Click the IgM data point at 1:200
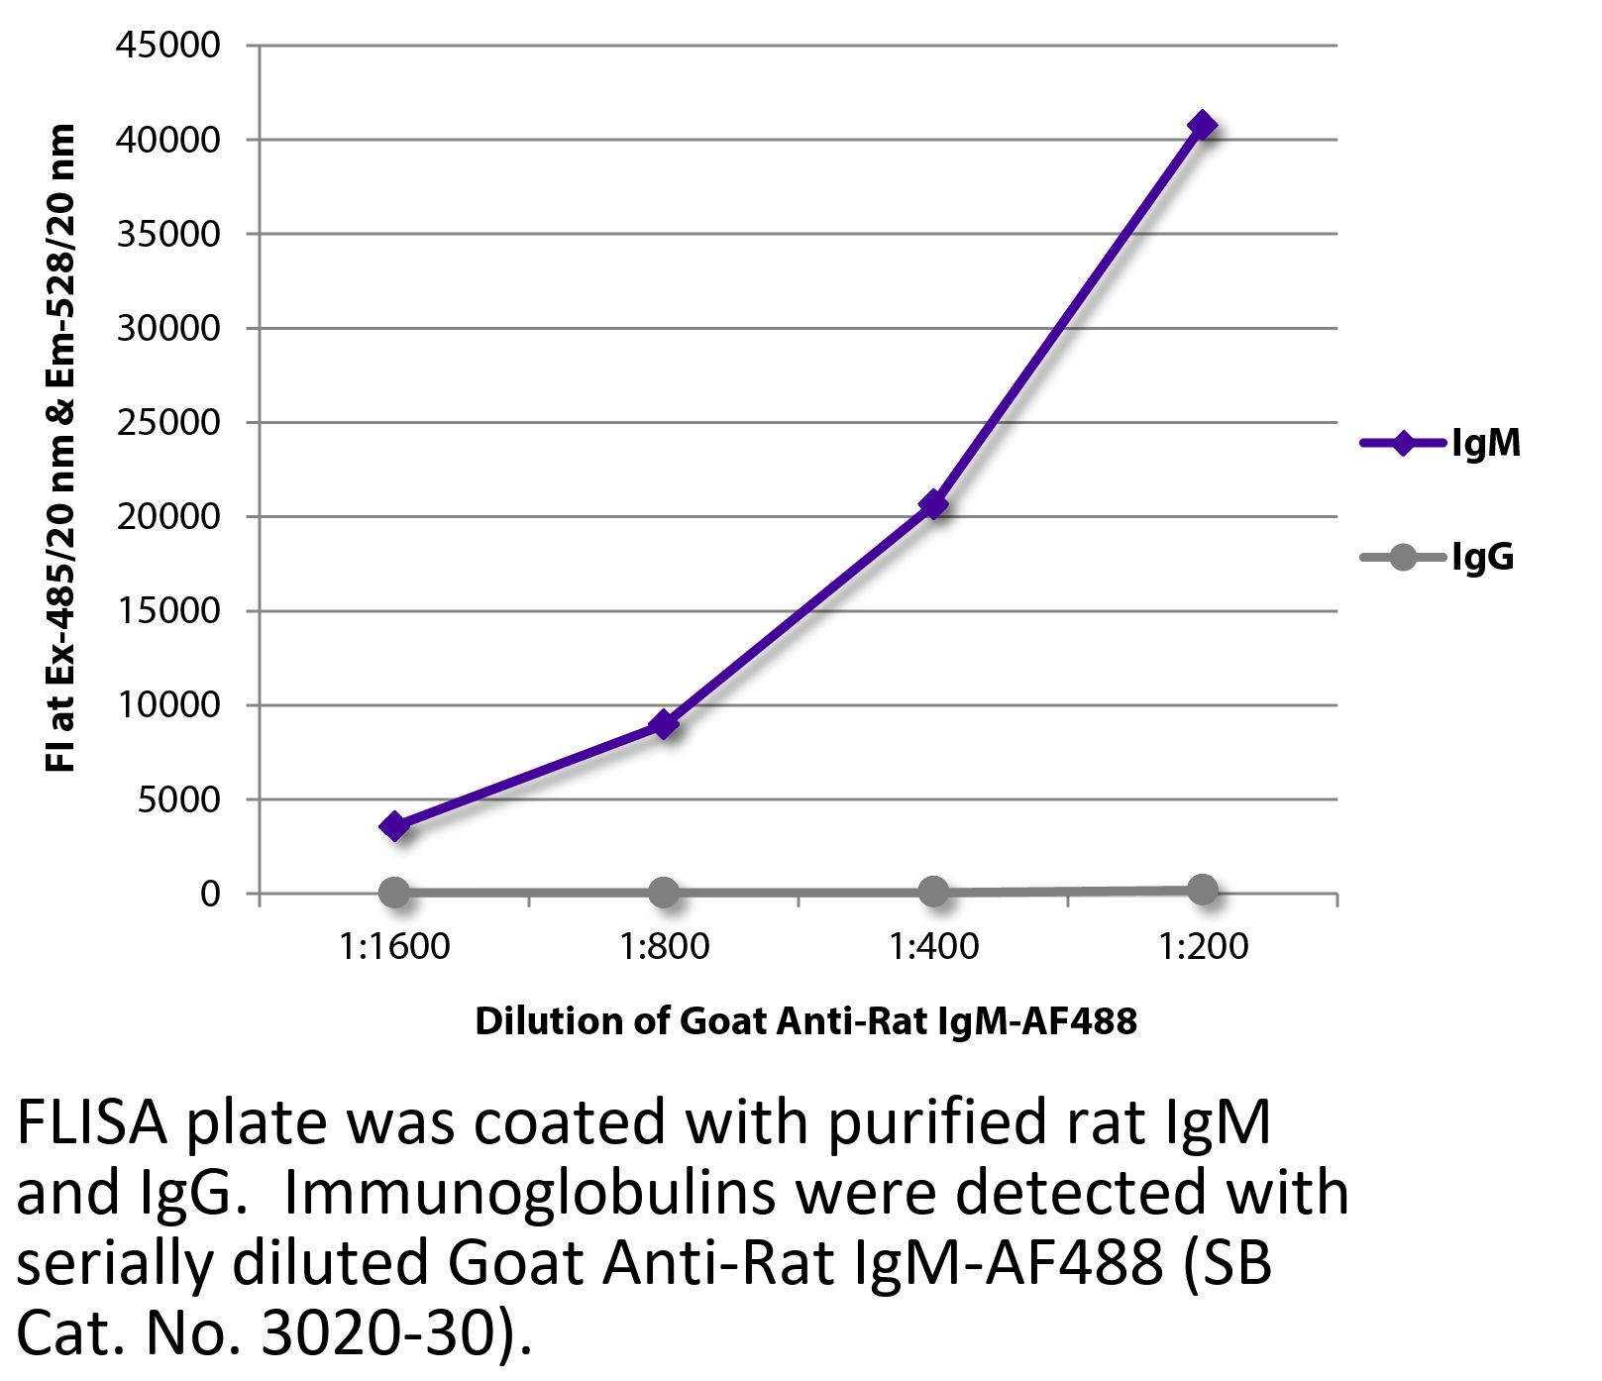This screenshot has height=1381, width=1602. click(x=1202, y=126)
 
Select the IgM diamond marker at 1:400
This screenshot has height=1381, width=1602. click(x=932, y=505)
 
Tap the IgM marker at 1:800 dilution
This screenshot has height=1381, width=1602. click(x=664, y=724)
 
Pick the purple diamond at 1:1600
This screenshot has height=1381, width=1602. click(x=394, y=826)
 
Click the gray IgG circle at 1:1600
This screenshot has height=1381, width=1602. click(x=394, y=893)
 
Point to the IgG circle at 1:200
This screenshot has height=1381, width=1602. click(x=1202, y=890)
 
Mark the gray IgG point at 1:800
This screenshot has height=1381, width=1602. click(x=664, y=893)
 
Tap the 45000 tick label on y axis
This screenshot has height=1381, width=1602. click(x=167, y=46)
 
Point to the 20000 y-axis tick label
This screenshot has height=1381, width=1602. click(x=167, y=517)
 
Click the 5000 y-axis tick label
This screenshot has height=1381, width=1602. click(x=178, y=799)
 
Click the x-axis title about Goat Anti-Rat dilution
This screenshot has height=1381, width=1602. click(x=805, y=1021)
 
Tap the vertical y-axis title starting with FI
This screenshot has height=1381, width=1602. click(x=61, y=448)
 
